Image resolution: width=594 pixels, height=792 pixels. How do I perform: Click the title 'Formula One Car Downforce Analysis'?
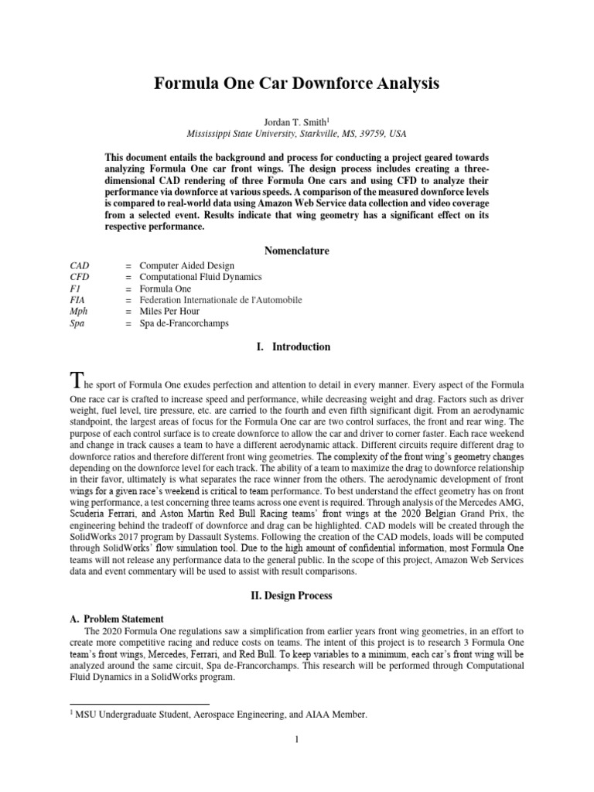tap(296, 84)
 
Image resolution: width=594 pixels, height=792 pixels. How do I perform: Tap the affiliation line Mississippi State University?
tap(296, 133)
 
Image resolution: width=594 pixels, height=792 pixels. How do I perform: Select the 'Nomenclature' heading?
tap(296, 251)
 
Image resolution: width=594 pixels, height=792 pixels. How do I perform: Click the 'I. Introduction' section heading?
tap(296, 347)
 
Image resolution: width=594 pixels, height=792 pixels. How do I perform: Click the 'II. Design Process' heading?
tap(296, 596)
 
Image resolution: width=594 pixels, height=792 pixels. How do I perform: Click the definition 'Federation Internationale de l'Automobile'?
tap(220, 299)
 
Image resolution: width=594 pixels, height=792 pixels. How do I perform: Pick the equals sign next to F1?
tap(127, 288)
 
